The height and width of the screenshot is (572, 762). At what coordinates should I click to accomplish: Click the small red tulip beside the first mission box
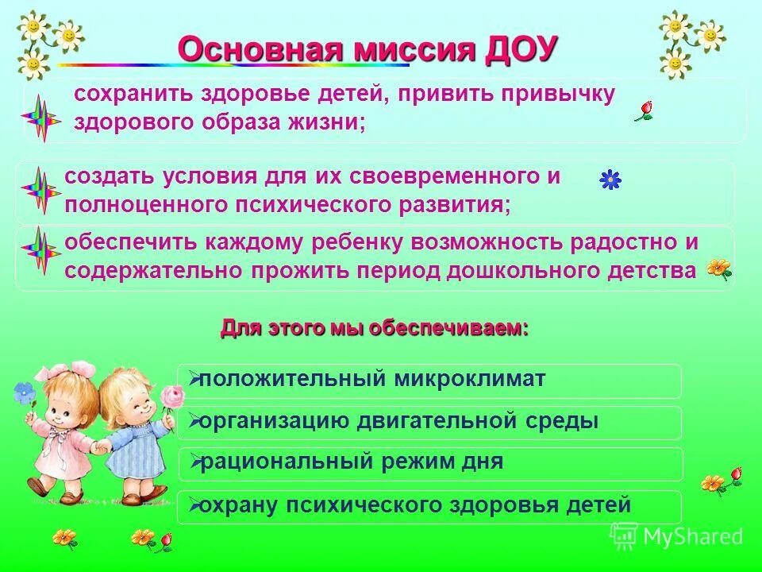click(644, 110)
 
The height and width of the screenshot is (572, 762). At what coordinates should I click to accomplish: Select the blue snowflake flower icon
click(610, 180)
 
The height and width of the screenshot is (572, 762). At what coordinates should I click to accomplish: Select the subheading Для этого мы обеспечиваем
click(375, 328)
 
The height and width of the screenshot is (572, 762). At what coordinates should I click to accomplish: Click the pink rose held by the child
click(170, 396)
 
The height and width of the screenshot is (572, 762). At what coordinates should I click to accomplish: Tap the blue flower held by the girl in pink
click(25, 391)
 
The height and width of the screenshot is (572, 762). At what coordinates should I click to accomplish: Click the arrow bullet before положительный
click(192, 380)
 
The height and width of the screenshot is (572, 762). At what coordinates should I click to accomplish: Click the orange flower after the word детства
click(718, 269)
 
